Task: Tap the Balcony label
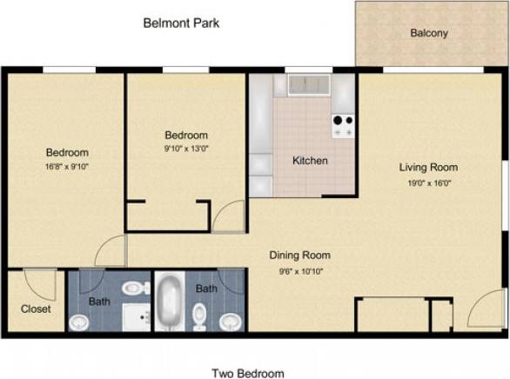click(x=429, y=34)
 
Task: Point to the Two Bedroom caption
click(x=248, y=373)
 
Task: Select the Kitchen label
click(x=310, y=161)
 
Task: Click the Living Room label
click(x=428, y=167)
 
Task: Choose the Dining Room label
click(x=299, y=256)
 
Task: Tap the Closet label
click(x=36, y=309)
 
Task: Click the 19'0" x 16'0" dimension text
click(x=428, y=183)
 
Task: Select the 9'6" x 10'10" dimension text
click(x=299, y=271)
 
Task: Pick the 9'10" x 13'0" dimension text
click(x=186, y=149)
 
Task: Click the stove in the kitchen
click(x=342, y=126)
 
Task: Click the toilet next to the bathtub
click(x=199, y=312)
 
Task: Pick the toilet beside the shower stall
click(x=135, y=288)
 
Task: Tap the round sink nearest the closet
click(x=79, y=322)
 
